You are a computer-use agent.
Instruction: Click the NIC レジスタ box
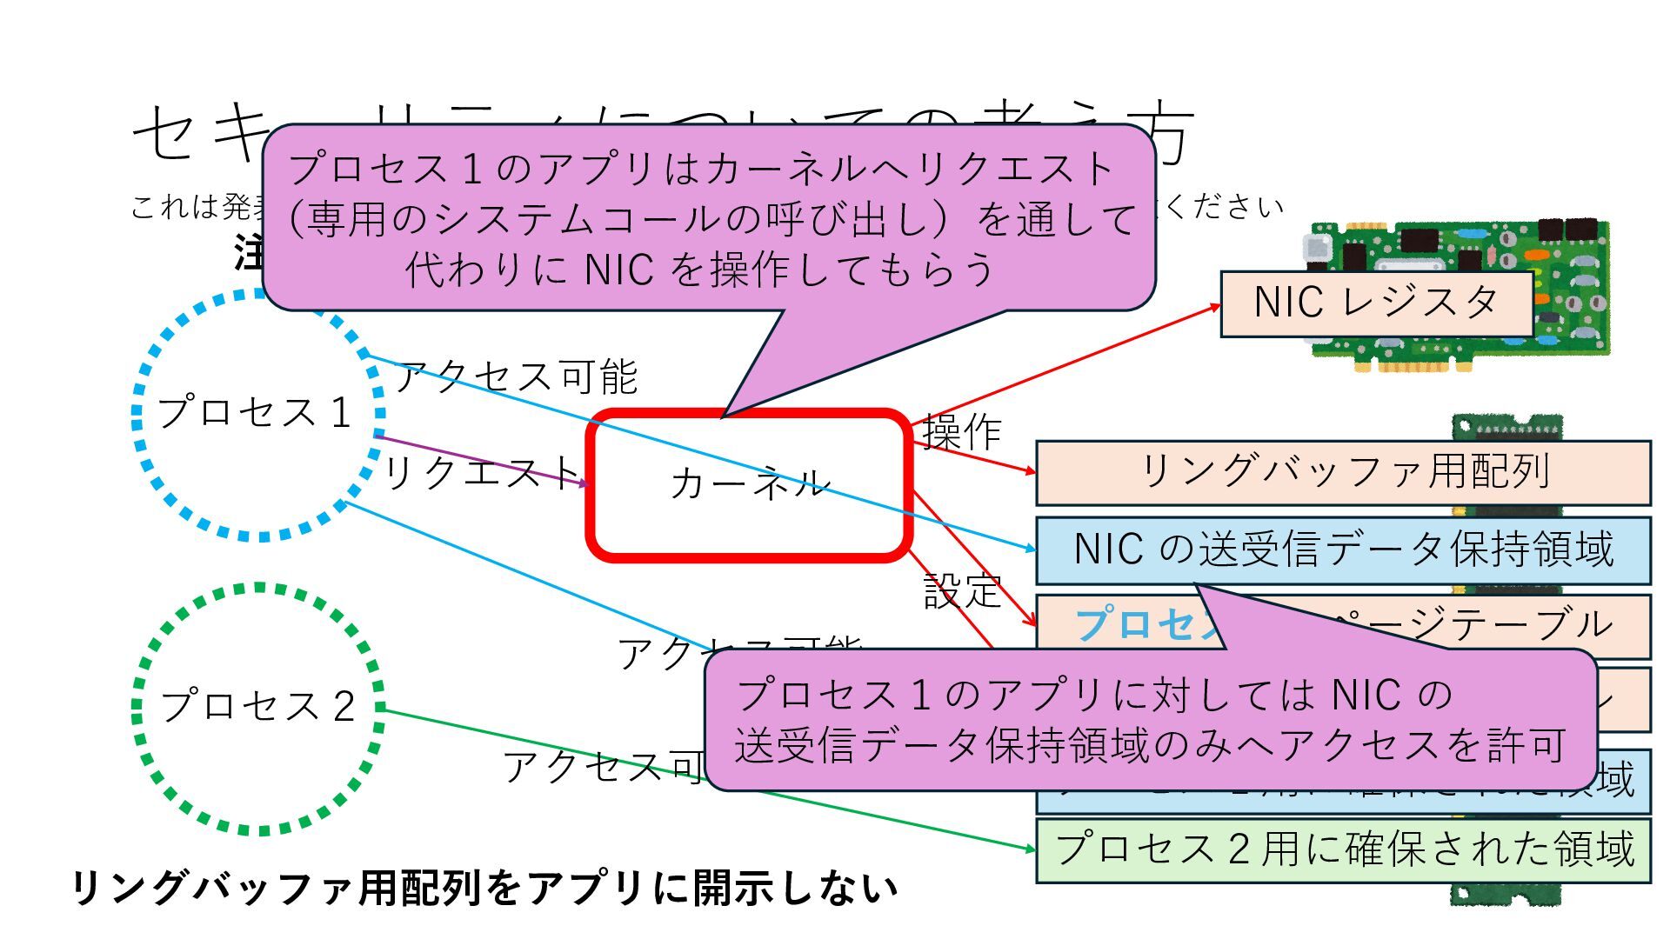[x=1375, y=303]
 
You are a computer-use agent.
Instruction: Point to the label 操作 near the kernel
[x=961, y=432]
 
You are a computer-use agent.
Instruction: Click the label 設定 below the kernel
[x=961, y=591]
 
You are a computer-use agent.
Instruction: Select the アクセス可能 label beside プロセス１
[x=518, y=376]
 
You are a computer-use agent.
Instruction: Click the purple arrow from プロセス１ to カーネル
[x=487, y=462]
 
